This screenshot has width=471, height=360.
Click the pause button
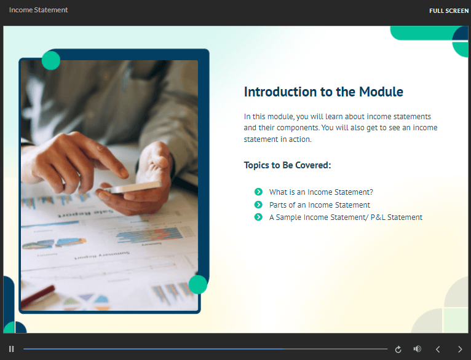pos(12,349)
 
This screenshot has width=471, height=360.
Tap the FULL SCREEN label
pos(449,11)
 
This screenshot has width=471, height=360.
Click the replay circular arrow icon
pos(398,349)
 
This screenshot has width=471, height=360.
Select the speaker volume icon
pos(418,348)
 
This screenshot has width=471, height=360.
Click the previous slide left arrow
pos(438,349)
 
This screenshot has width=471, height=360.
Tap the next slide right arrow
pos(460,349)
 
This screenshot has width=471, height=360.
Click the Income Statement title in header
pos(39,10)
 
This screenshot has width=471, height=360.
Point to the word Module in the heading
pos(381,92)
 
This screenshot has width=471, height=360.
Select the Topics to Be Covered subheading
pos(287,165)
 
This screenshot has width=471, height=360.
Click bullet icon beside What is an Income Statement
pos(258,192)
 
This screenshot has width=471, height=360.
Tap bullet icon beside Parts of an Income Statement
pos(258,205)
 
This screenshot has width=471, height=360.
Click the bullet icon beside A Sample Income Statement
pos(258,217)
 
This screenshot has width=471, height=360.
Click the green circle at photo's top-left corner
pos(51,60)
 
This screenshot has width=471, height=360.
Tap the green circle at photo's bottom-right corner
pos(197,284)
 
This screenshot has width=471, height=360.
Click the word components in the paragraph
pos(298,128)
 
